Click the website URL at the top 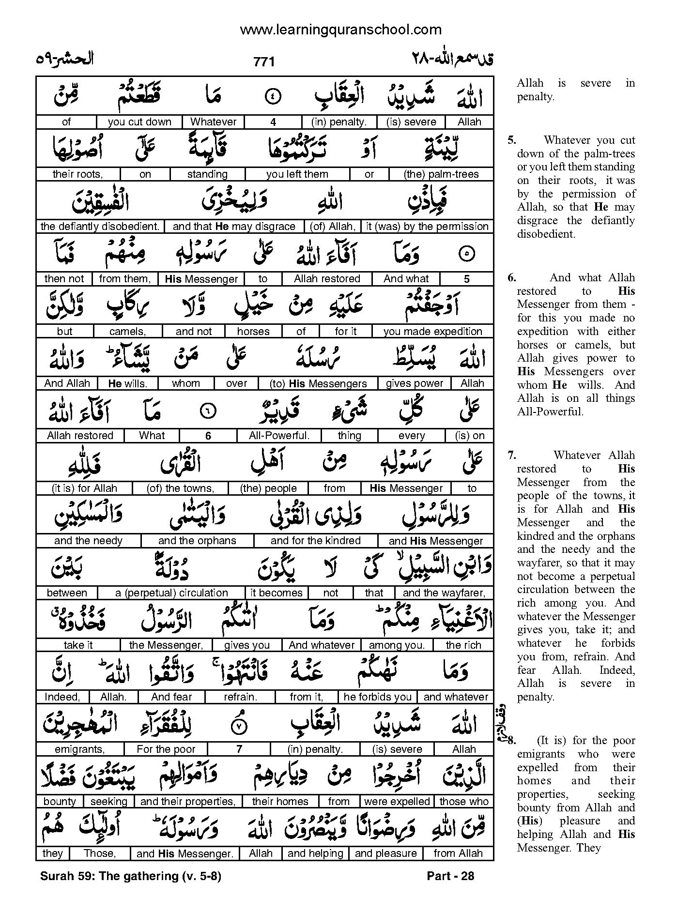coord(340,30)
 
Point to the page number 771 coord(264,62)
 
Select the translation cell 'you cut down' coord(139,122)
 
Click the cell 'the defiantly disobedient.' coord(100,227)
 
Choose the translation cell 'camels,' coord(128,332)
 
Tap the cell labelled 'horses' coord(253,332)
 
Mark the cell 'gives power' coord(414,383)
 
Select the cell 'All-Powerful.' coord(279,436)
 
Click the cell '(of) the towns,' coord(180,488)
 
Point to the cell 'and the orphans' coord(197,541)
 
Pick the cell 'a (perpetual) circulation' coord(171,593)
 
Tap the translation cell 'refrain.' coord(240,697)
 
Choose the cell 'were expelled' coord(397,802)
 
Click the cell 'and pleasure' coord(385,853)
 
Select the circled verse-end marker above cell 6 coord(208,411)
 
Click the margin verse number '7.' coord(512,456)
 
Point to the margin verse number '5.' coord(512,140)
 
